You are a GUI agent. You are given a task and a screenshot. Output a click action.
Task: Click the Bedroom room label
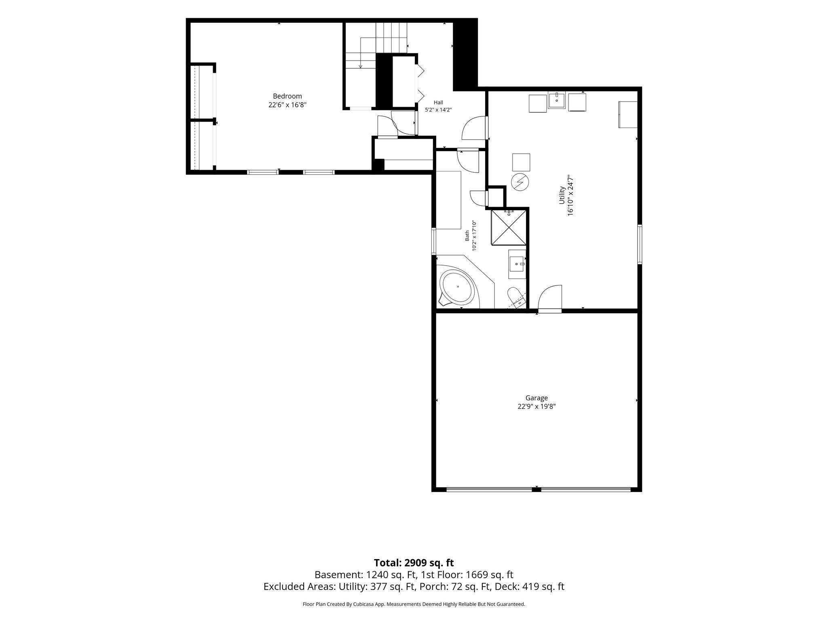coord(287,96)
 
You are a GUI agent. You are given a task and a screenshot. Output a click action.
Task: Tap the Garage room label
coord(537,398)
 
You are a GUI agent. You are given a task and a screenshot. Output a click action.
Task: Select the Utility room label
coord(562,195)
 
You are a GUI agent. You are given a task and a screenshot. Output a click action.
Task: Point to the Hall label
coord(438,102)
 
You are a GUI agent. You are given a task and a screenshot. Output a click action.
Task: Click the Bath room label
coord(467,236)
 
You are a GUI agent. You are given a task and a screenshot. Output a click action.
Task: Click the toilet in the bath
coord(517,297)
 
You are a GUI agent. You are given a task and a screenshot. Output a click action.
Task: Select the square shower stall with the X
coord(509,227)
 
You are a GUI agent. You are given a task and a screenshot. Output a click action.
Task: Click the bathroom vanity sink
coord(517,264)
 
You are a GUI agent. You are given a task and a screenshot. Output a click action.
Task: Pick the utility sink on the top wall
coord(557,100)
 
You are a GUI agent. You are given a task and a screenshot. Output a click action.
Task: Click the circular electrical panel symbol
coord(520,182)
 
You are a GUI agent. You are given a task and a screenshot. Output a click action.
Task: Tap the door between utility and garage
coord(550,299)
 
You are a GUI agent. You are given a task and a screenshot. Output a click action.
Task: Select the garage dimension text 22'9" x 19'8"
coord(537,407)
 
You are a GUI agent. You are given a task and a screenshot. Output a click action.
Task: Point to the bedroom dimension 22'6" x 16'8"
coord(287,105)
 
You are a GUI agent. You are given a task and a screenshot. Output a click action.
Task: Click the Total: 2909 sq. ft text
coord(414,563)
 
